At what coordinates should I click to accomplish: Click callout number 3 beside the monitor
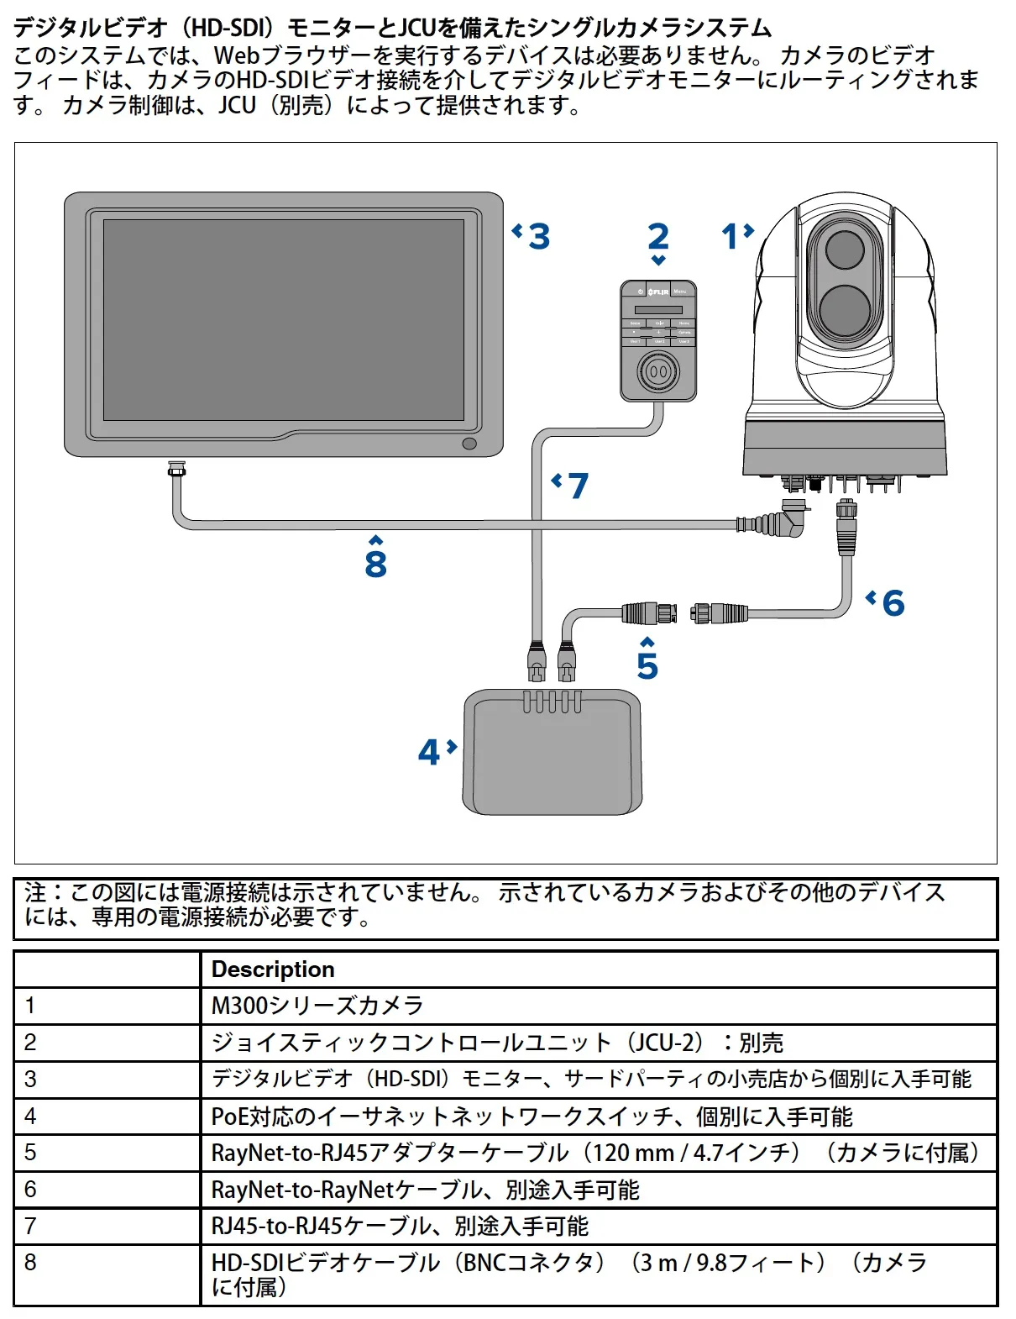point(538,236)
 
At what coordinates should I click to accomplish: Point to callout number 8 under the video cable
point(375,564)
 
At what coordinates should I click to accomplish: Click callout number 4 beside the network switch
point(429,752)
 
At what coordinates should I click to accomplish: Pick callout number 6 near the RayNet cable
point(893,603)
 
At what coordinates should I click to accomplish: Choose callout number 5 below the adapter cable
point(647,665)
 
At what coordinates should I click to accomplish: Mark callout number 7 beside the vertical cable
point(578,486)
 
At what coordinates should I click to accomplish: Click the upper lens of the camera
point(845,250)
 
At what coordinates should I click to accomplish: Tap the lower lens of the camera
point(844,310)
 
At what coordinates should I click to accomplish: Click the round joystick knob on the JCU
point(658,371)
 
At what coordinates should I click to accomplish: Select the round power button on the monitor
point(469,444)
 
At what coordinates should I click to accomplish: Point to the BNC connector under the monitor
point(176,469)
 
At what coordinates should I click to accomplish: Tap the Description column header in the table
point(273,970)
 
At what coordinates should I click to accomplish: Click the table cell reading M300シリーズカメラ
point(317,1006)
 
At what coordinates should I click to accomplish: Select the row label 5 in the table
point(30,1153)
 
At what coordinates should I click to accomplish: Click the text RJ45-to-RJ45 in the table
point(276,1227)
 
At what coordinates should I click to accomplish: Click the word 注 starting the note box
point(35,892)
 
